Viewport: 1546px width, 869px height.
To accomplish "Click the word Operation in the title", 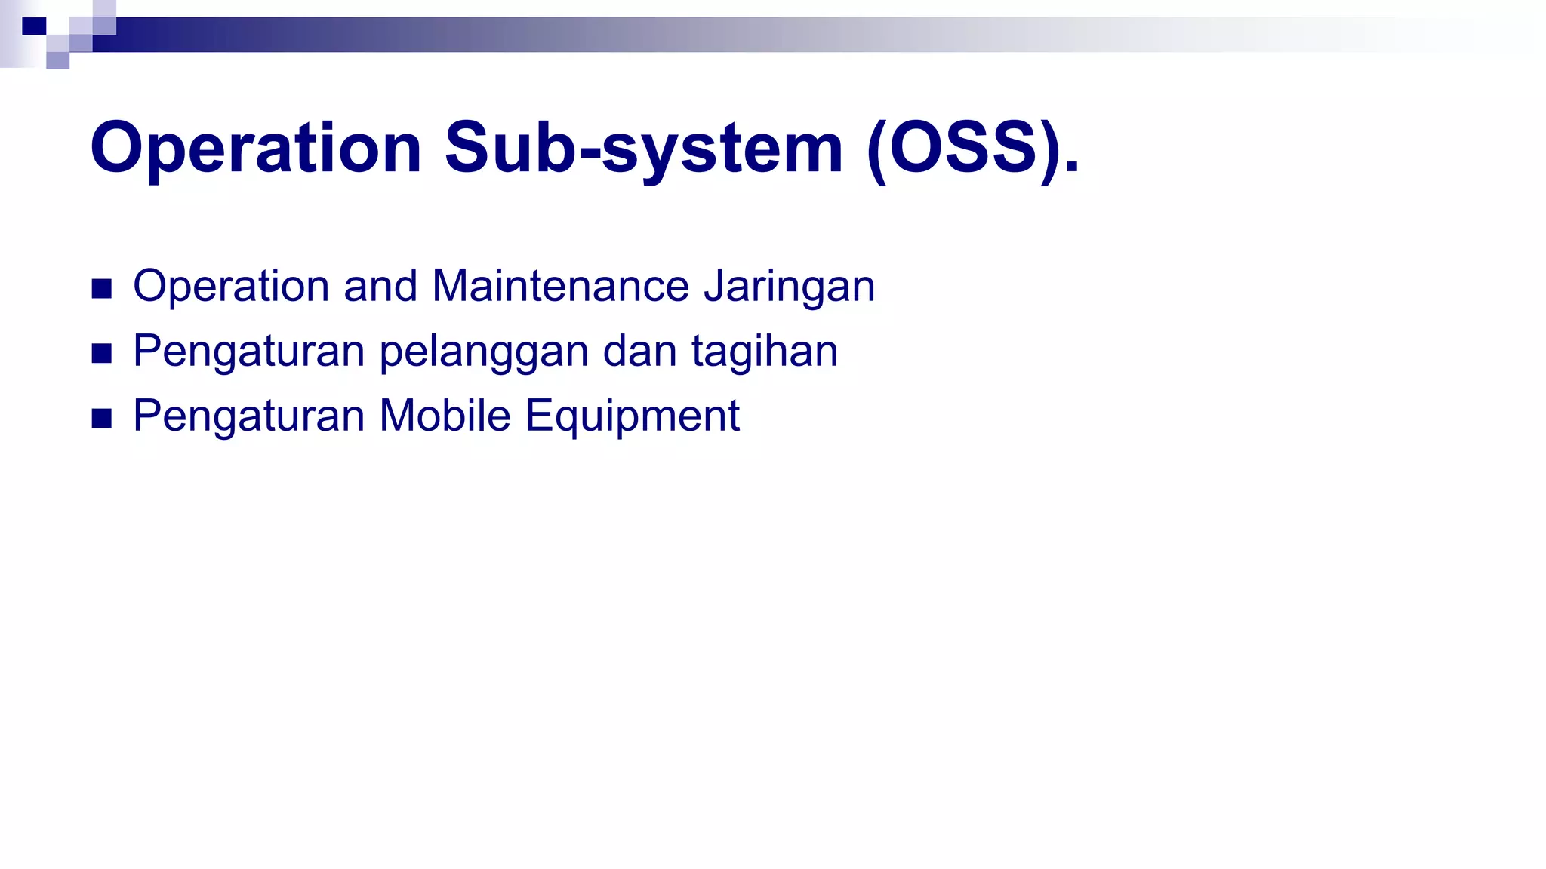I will [255, 149].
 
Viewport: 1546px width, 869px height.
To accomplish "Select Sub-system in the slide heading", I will [643, 149].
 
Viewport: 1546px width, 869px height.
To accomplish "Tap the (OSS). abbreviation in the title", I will [974, 149].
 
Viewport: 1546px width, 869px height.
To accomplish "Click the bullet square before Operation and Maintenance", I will [101, 289].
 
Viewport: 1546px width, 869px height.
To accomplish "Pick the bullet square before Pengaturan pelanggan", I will [101, 353].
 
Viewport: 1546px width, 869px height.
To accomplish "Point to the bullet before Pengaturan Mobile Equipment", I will [101, 418].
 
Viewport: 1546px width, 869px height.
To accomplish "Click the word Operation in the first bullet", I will [232, 287].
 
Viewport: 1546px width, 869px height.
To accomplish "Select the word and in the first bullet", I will [380, 287].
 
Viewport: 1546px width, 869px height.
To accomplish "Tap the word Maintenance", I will [560, 287].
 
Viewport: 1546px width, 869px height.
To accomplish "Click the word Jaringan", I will [789, 287].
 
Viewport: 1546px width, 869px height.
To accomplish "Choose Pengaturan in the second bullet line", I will [249, 352].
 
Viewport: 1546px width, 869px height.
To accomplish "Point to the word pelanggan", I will [483, 352].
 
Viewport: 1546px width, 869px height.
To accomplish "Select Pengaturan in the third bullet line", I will [249, 416].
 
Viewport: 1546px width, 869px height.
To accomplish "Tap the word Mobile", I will [445, 416].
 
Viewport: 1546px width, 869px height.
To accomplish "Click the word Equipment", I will [633, 416].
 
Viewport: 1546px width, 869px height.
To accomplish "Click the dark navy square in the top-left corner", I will [34, 26].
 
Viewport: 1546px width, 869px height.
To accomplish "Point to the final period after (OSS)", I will [1072, 167].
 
